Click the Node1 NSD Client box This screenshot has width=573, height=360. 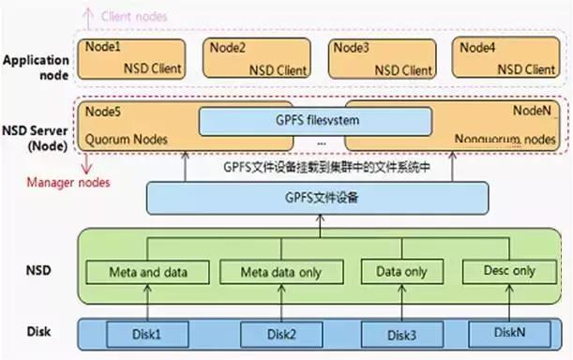pos(137,57)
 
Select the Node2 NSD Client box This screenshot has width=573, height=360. pos(259,57)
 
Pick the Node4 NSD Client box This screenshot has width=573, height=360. pos(506,57)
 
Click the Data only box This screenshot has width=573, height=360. pos(400,273)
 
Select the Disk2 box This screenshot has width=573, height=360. pos(280,333)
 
